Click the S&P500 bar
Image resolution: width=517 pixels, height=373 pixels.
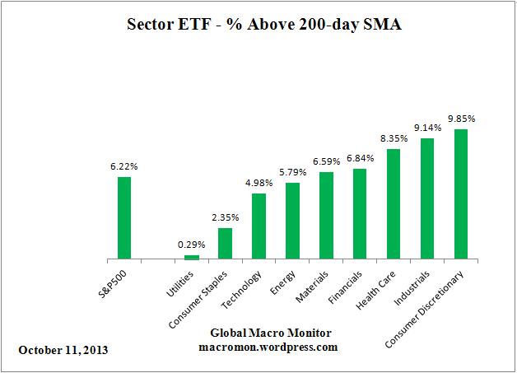pyautogui.click(x=123, y=217)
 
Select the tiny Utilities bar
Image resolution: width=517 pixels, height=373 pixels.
pyautogui.click(x=191, y=257)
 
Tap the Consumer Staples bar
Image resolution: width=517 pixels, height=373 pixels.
pyautogui.click(x=225, y=244)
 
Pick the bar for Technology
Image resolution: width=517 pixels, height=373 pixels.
pyautogui.click(x=258, y=226)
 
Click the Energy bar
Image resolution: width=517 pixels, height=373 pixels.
pyautogui.click(x=292, y=221)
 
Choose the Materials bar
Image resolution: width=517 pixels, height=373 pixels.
pyautogui.click(x=326, y=216)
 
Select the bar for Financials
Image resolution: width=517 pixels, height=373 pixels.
pyautogui.click(x=360, y=214)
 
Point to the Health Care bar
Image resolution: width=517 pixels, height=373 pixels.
pyautogui.click(x=394, y=204)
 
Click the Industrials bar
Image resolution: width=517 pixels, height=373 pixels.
pyautogui.click(x=427, y=198)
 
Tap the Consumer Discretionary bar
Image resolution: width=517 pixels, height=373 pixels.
pyautogui.click(x=461, y=194)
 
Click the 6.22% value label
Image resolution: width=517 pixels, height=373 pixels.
pyautogui.click(x=123, y=166)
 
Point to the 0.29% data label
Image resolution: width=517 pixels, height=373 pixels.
pyautogui.click(x=191, y=245)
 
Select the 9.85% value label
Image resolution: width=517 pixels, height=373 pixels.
pyautogui.click(x=461, y=119)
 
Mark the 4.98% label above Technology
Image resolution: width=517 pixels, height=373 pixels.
pyautogui.click(x=258, y=183)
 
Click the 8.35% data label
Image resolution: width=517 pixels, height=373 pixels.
pyautogui.click(x=394, y=138)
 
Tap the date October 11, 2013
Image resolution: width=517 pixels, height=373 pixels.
pyautogui.click(x=62, y=349)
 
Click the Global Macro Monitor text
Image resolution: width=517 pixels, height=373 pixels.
pyautogui.click(x=258, y=333)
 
